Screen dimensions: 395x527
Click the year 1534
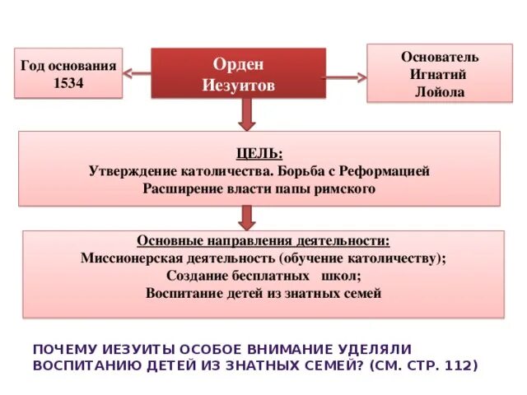coord(69,82)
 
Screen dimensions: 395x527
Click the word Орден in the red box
coord(238,65)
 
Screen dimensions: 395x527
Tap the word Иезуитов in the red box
coord(238,85)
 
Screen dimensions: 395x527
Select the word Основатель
coord(440,57)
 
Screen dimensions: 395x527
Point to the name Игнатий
coord(440,74)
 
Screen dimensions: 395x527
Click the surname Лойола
coord(440,91)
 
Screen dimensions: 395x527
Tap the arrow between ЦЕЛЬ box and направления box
coord(246,216)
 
